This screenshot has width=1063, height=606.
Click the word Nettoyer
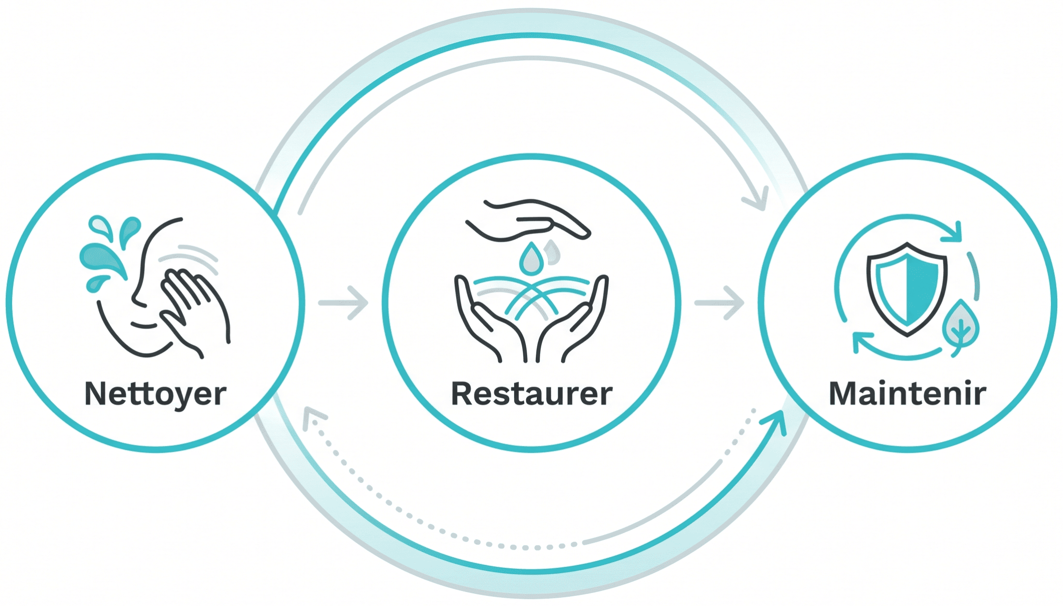click(x=155, y=394)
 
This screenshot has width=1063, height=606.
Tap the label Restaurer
click(x=531, y=394)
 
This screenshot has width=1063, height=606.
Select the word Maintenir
click(x=907, y=394)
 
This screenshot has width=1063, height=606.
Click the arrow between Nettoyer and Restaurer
click(x=343, y=303)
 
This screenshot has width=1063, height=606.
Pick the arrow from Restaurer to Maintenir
click(x=719, y=303)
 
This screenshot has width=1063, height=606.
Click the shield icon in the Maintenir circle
click(x=907, y=289)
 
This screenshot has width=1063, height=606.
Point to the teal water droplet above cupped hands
click(x=531, y=259)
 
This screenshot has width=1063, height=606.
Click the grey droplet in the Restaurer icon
click(x=552, y=252)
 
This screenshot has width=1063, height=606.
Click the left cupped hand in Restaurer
click(x=488, y=319)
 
